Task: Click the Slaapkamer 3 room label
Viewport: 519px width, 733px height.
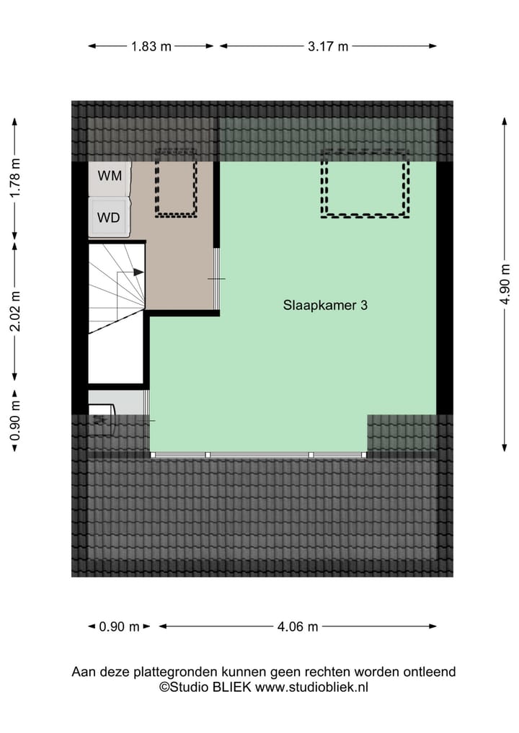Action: (x=326, y=305)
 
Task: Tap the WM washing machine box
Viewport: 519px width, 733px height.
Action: (x=110, y=175)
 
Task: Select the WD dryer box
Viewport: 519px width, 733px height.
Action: (x=109, y=217)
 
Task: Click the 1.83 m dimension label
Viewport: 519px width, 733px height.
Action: (x=151, y=46)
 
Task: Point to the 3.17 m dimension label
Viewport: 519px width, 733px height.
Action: (x=328, y=46)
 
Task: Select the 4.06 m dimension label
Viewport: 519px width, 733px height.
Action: (x=298, y=626)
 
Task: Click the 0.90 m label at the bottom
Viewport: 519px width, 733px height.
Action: (x=120, y=626)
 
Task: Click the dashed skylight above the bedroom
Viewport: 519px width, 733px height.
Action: (x=364, y=183)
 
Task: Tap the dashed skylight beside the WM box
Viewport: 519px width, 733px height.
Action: (x=176, y=183)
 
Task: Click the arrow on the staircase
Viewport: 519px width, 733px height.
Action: (x=138, y=272)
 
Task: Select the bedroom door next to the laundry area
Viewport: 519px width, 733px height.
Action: (x=218, y=278)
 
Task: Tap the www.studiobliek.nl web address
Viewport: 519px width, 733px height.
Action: (x=312, y=688)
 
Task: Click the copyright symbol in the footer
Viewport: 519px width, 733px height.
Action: (x=164, y=688)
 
